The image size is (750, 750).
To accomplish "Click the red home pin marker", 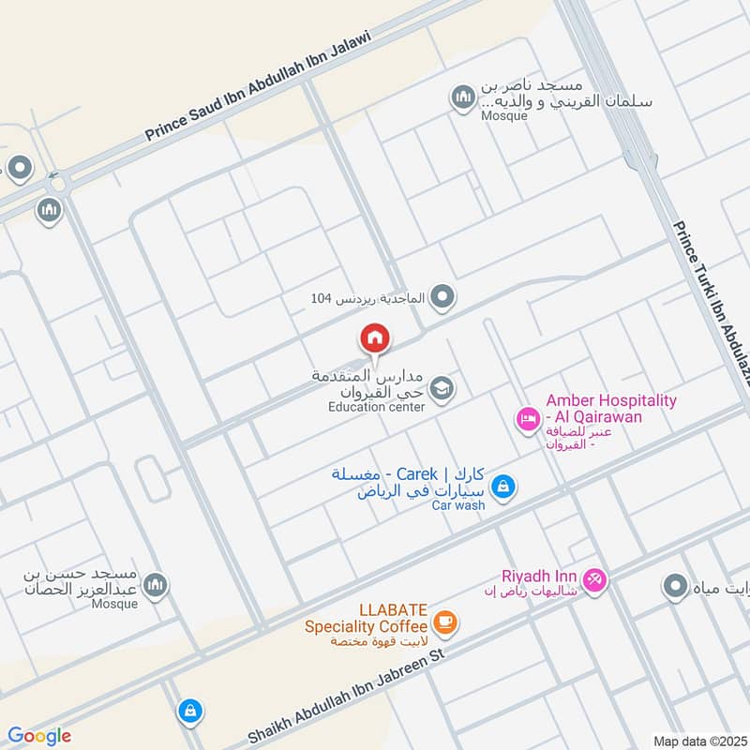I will click(x=375, y=338).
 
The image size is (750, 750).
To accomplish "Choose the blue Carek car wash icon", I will click(x=503, y=486).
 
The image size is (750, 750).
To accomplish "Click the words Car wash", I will click(x=457, y=505).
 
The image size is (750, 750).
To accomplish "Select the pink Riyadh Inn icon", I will click(x=594, y=580).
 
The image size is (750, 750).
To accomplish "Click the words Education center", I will click(x=376, y=407).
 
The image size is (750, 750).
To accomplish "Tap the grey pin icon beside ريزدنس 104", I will click(x=445, y=298).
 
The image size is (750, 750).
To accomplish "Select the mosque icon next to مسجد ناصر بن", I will click(x=462, y=97).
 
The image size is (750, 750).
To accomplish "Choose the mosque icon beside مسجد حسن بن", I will click(x=156, y=585).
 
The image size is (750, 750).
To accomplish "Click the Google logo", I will click(x=39, y=736).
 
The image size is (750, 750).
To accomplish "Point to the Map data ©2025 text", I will click(x=698, y=741).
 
